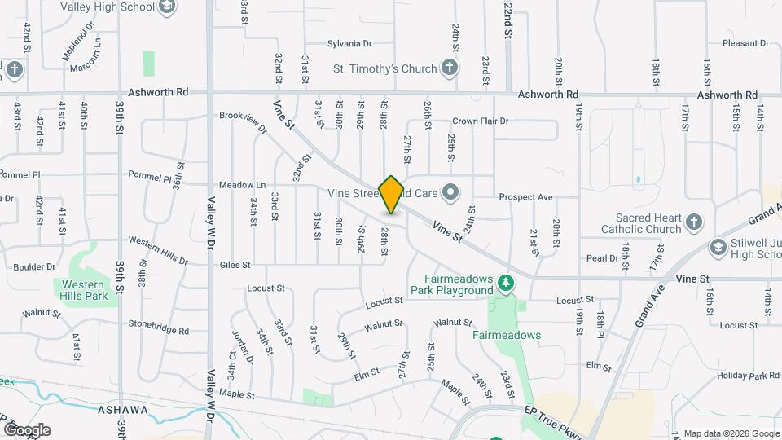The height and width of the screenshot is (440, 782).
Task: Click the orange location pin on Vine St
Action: click(x=391, y=194)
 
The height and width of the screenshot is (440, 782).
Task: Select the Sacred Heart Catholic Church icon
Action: click(x=693, y=222)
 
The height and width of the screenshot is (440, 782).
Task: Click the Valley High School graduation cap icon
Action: click(x=167, y=8)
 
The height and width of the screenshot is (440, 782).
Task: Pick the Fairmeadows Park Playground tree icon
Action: click(x=507, y=282)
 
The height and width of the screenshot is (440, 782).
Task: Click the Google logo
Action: click(x=26, y=429)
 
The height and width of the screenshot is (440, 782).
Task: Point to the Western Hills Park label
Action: click(x=82, y=289)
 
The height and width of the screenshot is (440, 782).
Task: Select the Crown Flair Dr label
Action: click(x=480, y=121)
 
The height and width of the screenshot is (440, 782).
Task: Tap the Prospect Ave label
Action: click(x=525, y=197)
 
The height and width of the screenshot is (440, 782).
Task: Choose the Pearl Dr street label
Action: click(x=602, y=258)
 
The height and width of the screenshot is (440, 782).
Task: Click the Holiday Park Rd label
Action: click(x=748, y=376)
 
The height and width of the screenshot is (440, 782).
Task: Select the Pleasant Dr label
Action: click(x=746, y=43)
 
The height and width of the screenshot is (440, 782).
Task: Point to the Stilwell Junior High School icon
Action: click(x=718, y=247)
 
